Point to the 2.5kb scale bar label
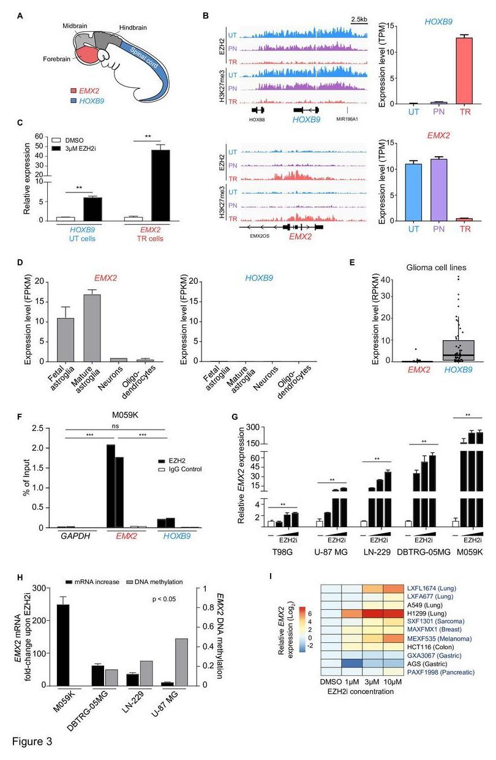(359, 19)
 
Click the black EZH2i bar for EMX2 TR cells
(161, 184)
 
